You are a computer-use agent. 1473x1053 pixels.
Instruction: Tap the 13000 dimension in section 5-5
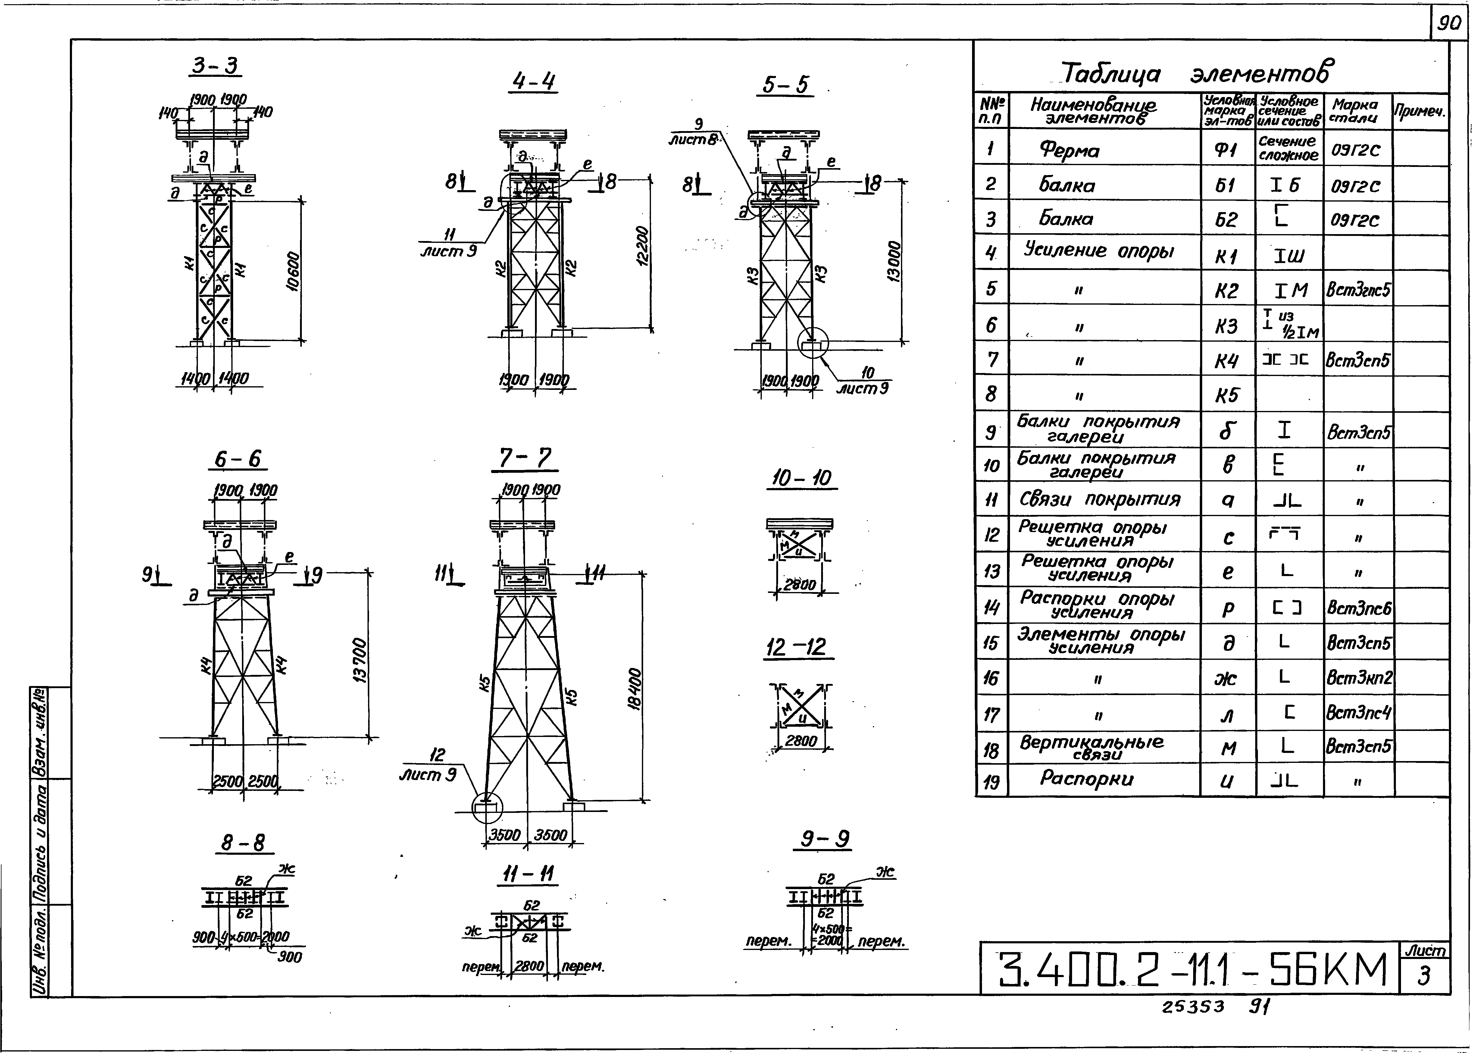point(893,261)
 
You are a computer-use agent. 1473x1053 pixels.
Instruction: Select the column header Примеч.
point(1420,111)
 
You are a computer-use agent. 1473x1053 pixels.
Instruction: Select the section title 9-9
point(824,840)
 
